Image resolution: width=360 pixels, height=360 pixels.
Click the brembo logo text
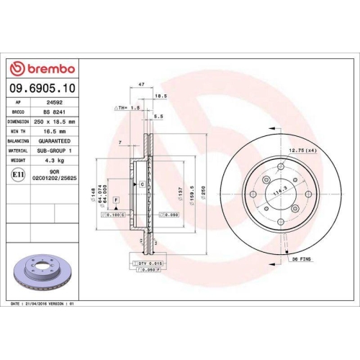(45, 68)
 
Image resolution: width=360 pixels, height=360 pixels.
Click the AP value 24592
(50, 103)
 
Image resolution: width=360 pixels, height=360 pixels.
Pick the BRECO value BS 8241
(51, 112)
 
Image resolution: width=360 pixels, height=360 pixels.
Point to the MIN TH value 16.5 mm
(51, 132)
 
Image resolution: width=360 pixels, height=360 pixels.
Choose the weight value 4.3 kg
(51, 161)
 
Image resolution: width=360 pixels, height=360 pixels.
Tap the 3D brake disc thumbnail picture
(42, 273)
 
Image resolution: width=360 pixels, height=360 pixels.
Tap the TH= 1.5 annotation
(127, 107)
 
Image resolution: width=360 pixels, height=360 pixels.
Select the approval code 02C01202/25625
(51, 177)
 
